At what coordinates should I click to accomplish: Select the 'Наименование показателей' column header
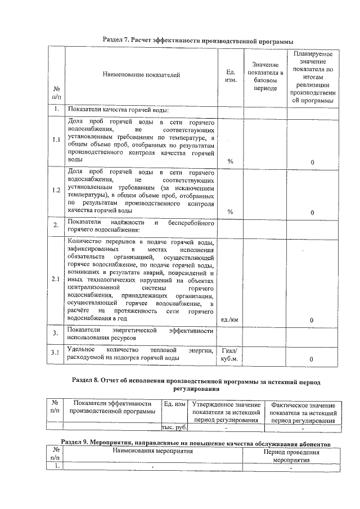141,75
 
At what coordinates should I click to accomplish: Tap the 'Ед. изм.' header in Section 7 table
230,75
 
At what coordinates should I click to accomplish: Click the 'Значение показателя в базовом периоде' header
265,76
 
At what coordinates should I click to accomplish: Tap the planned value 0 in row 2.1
312,320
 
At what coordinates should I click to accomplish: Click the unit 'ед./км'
230,320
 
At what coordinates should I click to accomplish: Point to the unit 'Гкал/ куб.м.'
230,354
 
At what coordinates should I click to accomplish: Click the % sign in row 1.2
230,211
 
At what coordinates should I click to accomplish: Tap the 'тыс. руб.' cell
174,427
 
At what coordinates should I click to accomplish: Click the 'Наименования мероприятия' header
152,451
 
